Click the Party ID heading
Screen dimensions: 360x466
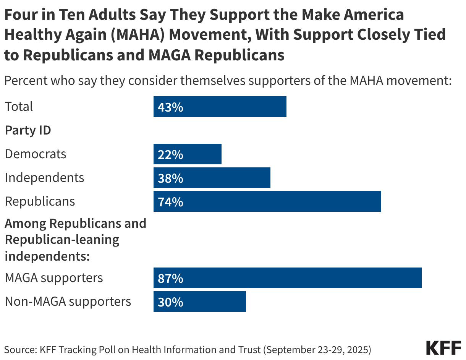coord(28,130)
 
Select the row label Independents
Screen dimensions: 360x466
coord(44,178)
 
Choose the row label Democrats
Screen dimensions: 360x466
coord(36,154)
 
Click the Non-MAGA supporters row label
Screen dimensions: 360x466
coord(68,302)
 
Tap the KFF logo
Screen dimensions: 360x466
coord(443,348)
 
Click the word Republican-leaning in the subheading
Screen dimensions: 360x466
coord(62,240)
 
